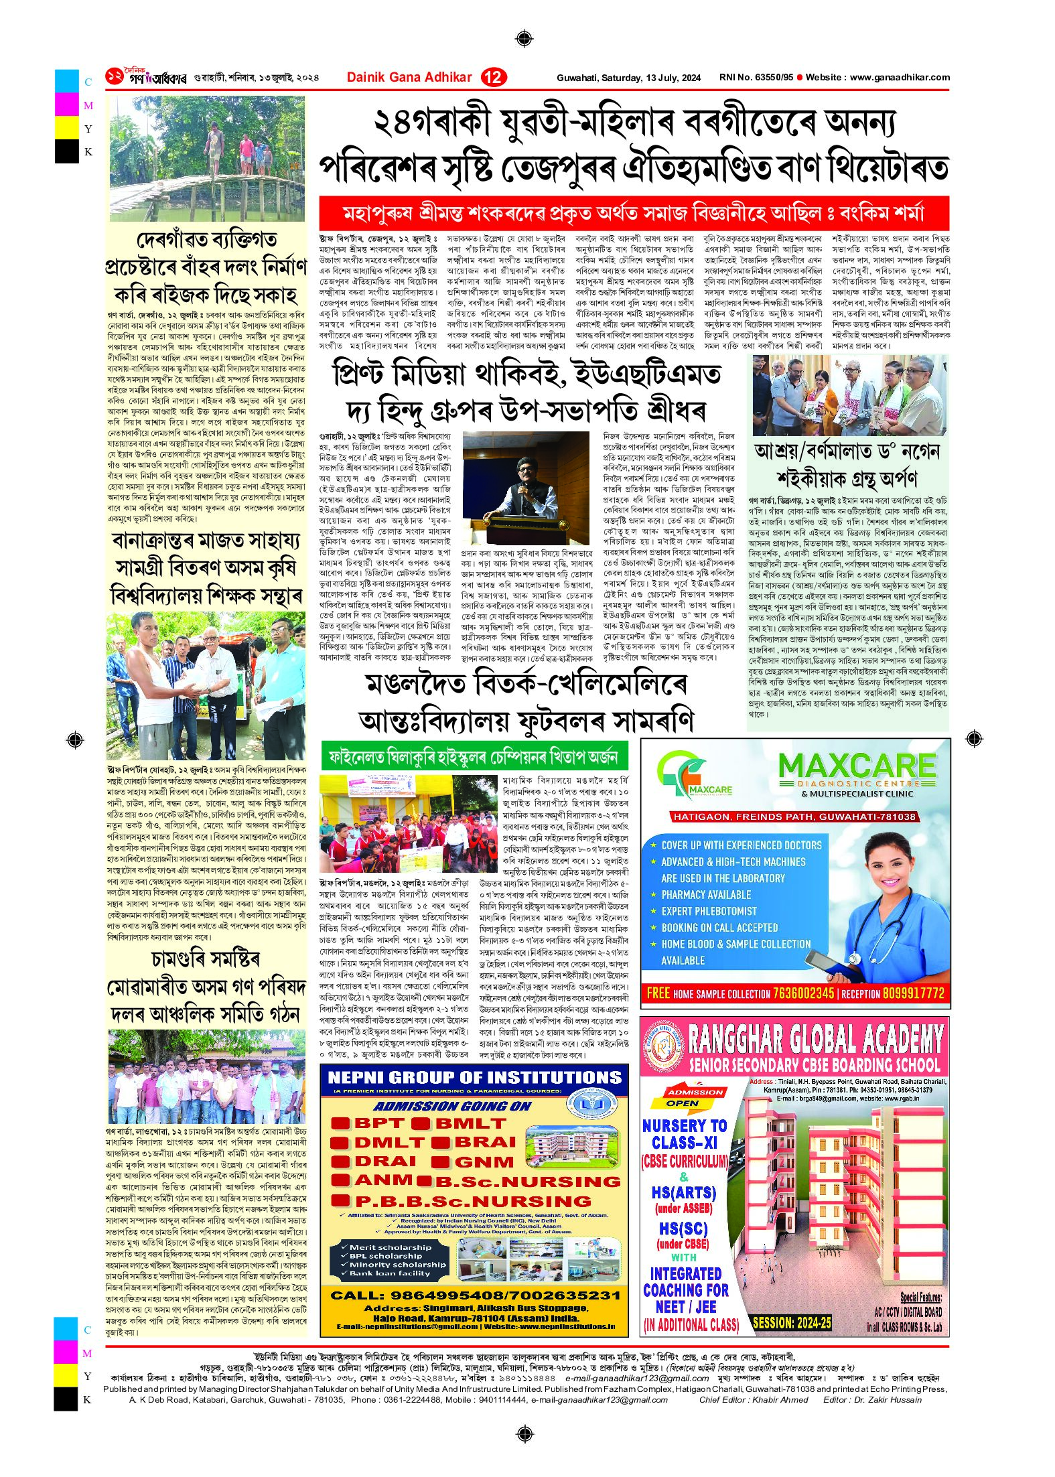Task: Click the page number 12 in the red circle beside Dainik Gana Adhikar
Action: coord(494,78)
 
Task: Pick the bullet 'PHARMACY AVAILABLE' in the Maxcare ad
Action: coord(706,894)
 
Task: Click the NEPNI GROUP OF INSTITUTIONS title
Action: coord(475,1077)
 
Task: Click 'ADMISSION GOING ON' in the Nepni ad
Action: coord(452,1106)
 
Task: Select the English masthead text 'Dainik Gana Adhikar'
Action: coord(409,78)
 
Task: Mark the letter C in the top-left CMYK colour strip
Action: coord(88,82)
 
